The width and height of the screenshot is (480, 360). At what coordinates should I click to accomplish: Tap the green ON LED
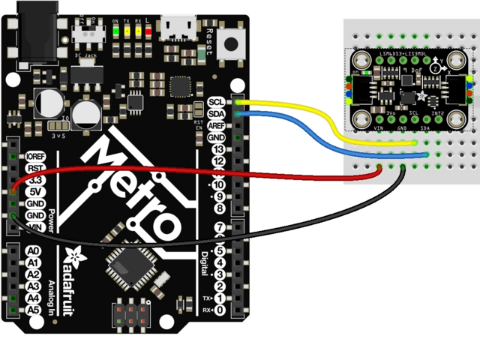[115, 31]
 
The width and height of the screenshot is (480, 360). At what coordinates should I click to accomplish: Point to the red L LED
[148, 31]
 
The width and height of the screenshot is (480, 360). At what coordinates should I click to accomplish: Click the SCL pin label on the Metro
[216, 102]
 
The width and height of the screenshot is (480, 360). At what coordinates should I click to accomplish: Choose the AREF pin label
[216, 126]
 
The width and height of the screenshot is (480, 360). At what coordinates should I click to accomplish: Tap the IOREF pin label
[34, 155]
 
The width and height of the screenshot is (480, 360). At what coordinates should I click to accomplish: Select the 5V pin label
[33, 191]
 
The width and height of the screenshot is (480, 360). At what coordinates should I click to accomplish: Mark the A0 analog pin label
[32, 250]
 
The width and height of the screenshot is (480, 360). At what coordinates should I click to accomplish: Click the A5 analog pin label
[32, 309]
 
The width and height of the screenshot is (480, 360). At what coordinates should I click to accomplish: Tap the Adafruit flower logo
[75, 255]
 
